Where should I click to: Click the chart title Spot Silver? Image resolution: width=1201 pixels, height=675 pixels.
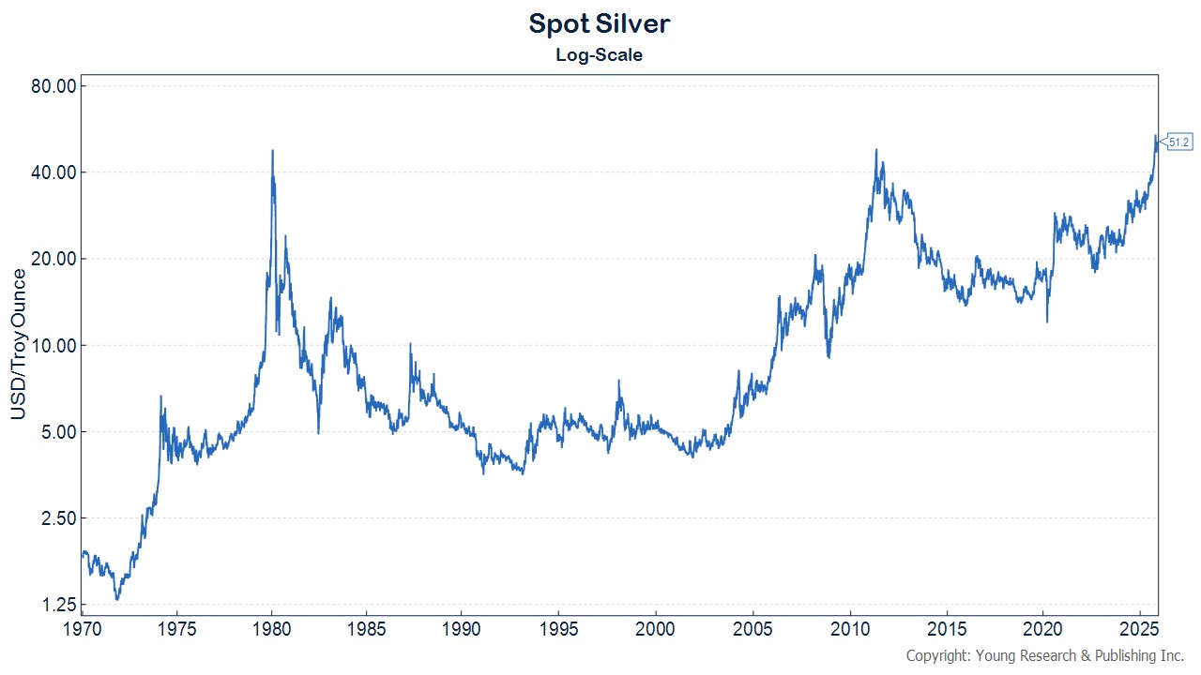599,23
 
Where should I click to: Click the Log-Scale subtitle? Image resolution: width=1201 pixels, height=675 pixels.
599,55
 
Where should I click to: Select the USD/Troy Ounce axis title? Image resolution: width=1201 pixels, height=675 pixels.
18,344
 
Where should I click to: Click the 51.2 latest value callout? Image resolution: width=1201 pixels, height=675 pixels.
1179,142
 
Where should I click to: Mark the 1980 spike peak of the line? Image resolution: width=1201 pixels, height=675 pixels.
272,151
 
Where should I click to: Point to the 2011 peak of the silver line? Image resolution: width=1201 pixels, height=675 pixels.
875,150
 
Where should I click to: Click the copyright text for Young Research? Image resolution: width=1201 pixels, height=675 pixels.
1044,656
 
